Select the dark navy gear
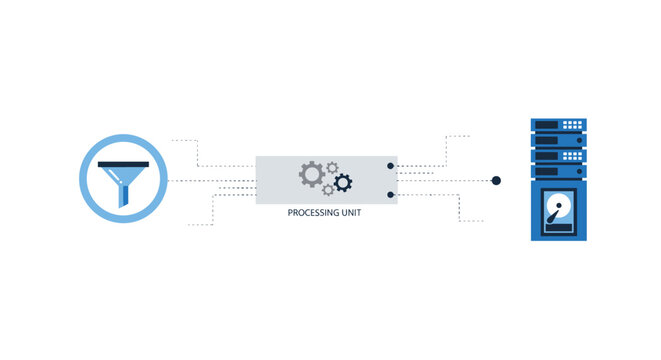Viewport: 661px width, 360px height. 343,182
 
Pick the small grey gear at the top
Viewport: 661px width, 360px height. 333,167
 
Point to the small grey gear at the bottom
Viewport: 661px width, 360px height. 327,190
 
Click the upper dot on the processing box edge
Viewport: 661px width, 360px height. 391,165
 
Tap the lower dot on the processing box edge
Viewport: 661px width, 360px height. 391,195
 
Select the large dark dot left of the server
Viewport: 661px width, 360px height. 496,181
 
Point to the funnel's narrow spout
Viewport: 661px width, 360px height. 124,197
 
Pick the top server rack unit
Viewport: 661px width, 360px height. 559,125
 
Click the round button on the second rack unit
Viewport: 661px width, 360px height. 577,142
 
